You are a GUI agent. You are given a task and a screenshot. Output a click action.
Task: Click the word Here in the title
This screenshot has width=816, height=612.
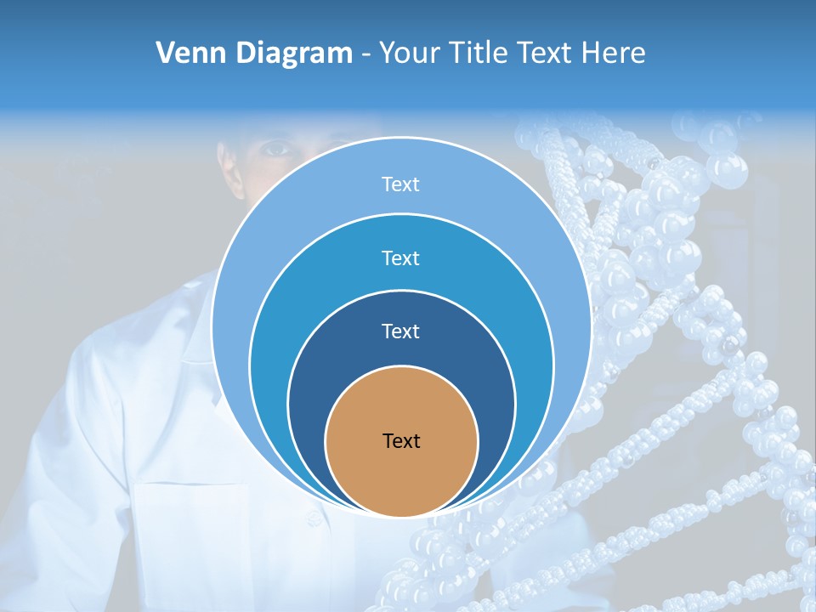point(613,54)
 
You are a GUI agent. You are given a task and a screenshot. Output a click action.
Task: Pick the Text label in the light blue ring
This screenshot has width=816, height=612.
point(400,184)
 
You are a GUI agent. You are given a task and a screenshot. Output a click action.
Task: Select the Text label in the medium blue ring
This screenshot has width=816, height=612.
point(400,258)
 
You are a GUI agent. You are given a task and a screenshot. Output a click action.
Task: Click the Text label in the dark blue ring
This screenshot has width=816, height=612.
point(400,331)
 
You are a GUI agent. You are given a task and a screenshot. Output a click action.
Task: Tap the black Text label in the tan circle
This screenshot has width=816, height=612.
point(401,441)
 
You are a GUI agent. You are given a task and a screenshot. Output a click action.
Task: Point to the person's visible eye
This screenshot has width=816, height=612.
point(277,150)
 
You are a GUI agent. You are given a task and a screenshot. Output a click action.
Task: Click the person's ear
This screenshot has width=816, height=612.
point(224,161)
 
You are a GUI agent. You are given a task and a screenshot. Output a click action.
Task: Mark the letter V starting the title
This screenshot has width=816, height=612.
point(167,54)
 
